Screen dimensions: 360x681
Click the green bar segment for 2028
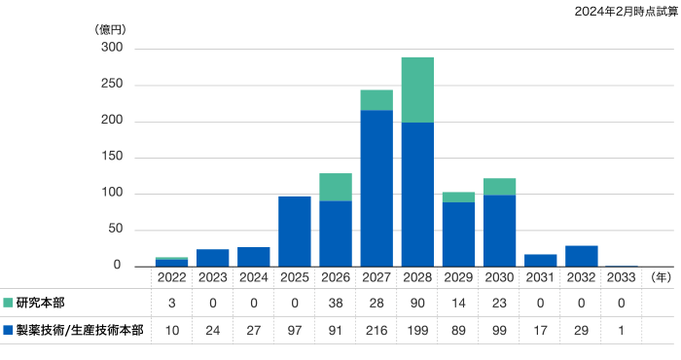[x=417, y=90]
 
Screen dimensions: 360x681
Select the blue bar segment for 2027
[x=376, y=188]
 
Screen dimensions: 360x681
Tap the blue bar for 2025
[x=295, y=231]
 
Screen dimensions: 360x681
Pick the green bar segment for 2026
[x=336, y=187]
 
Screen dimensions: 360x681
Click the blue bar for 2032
[x=582, y=255]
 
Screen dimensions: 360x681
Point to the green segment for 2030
[x=499, y=186]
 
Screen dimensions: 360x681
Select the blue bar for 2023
[x=213, y=257]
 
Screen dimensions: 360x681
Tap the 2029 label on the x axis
[x=458, y=276]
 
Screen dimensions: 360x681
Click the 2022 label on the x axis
[x=171, y=276]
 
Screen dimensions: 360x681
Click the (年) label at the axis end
[x=659, y=276]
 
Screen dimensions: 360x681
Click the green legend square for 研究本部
[x=8, y=303]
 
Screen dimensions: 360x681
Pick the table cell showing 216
[x=376, y=331]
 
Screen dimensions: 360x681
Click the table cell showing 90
[x=417, y=303]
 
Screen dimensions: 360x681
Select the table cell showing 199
[x=417, y=331]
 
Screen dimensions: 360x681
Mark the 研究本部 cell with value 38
[x=336, y=303]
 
